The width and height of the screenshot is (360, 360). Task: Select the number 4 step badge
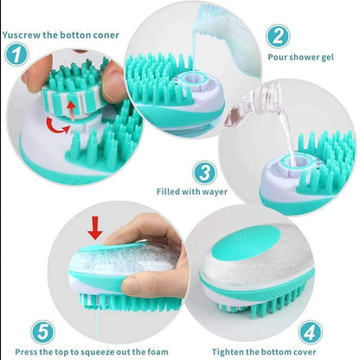[x=312, y=330]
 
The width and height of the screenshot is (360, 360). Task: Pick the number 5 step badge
[x=44, y=330]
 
